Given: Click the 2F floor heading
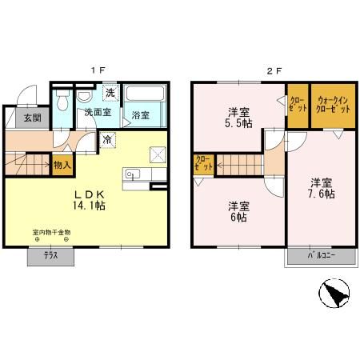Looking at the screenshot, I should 274,70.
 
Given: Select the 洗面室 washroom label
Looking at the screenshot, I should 97,113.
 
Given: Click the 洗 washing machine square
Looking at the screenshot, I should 110,94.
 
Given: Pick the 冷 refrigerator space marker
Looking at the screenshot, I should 107,138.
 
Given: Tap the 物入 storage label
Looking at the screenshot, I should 62,166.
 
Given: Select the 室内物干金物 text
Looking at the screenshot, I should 51,232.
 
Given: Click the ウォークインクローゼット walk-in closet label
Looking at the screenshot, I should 330,103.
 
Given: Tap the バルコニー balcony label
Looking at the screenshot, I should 321,255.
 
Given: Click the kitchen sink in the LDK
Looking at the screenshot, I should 132,175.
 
